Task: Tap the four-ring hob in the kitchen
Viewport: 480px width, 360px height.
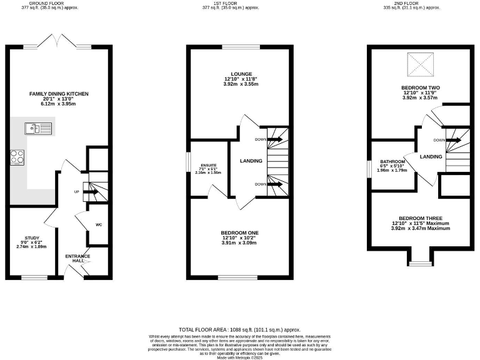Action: tap(17, 157)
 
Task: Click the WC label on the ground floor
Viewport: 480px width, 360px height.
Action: tap(99, 224)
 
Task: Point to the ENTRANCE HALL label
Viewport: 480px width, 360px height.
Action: tap(78, 258)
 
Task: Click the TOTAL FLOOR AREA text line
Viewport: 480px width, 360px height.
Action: tap(240, 329)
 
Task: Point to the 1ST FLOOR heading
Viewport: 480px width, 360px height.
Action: tap(240, 3)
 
